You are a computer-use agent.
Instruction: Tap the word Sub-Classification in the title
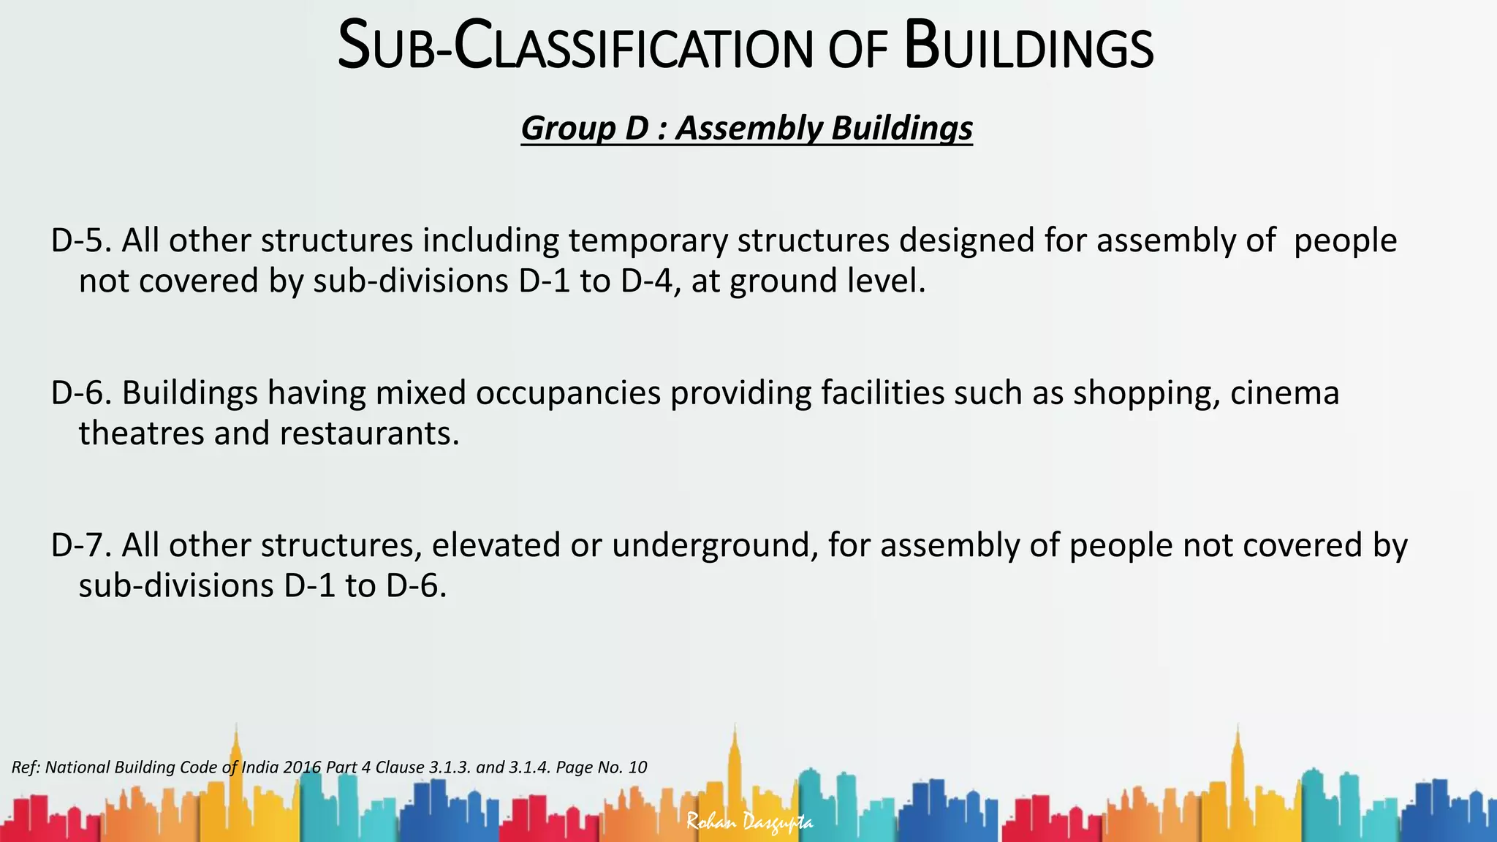(x=575, y=48)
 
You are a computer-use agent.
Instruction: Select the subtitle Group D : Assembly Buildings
(x=746, y=128)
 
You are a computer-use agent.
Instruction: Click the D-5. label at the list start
(x=80, y=240)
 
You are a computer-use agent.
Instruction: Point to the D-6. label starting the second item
(x=80, y=393)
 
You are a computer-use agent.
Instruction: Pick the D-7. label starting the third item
(x=80, y=545)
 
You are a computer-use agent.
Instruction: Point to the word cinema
(x=1284, y=393)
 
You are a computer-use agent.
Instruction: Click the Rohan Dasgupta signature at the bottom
(x=749, y=822)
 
